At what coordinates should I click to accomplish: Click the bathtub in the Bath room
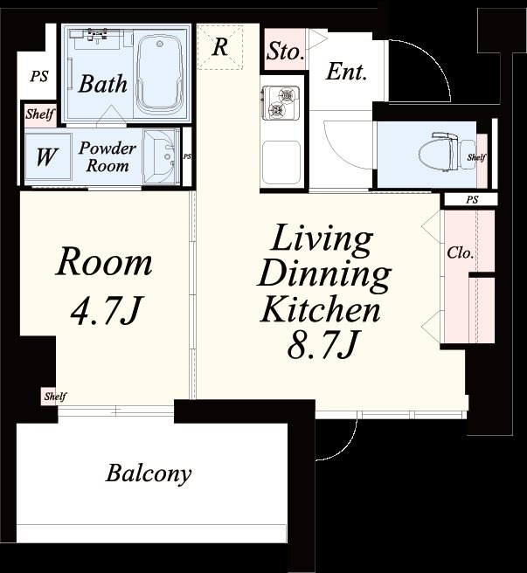click(x=160, y=73)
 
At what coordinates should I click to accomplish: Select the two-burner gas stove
click(x=280, y=102)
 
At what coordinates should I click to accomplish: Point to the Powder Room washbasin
click(x=160, y=157)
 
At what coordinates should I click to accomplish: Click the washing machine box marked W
click(x=47, y=156)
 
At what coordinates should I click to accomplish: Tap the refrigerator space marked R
click(x=220, y=47)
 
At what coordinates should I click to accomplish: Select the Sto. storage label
click(x=285, y=51)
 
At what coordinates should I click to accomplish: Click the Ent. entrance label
click(x=345, y=72)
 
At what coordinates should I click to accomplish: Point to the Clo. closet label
click(x=460, y=252)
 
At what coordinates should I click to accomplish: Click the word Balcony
click(x=148, y=474)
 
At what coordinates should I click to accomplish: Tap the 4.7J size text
click(x=106, y=311)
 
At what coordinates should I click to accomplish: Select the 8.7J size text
click(x=322, y=344)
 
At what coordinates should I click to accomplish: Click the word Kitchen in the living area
click(x=321, y=309)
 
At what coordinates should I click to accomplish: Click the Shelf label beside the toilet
click(x=476, y=157)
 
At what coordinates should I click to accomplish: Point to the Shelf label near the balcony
click(x=55, y=397)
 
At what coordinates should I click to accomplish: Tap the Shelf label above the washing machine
click(x=40, y=114)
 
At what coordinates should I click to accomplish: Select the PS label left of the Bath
click(x=39, y=76)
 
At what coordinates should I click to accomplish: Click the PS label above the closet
click(x=472, y=200)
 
